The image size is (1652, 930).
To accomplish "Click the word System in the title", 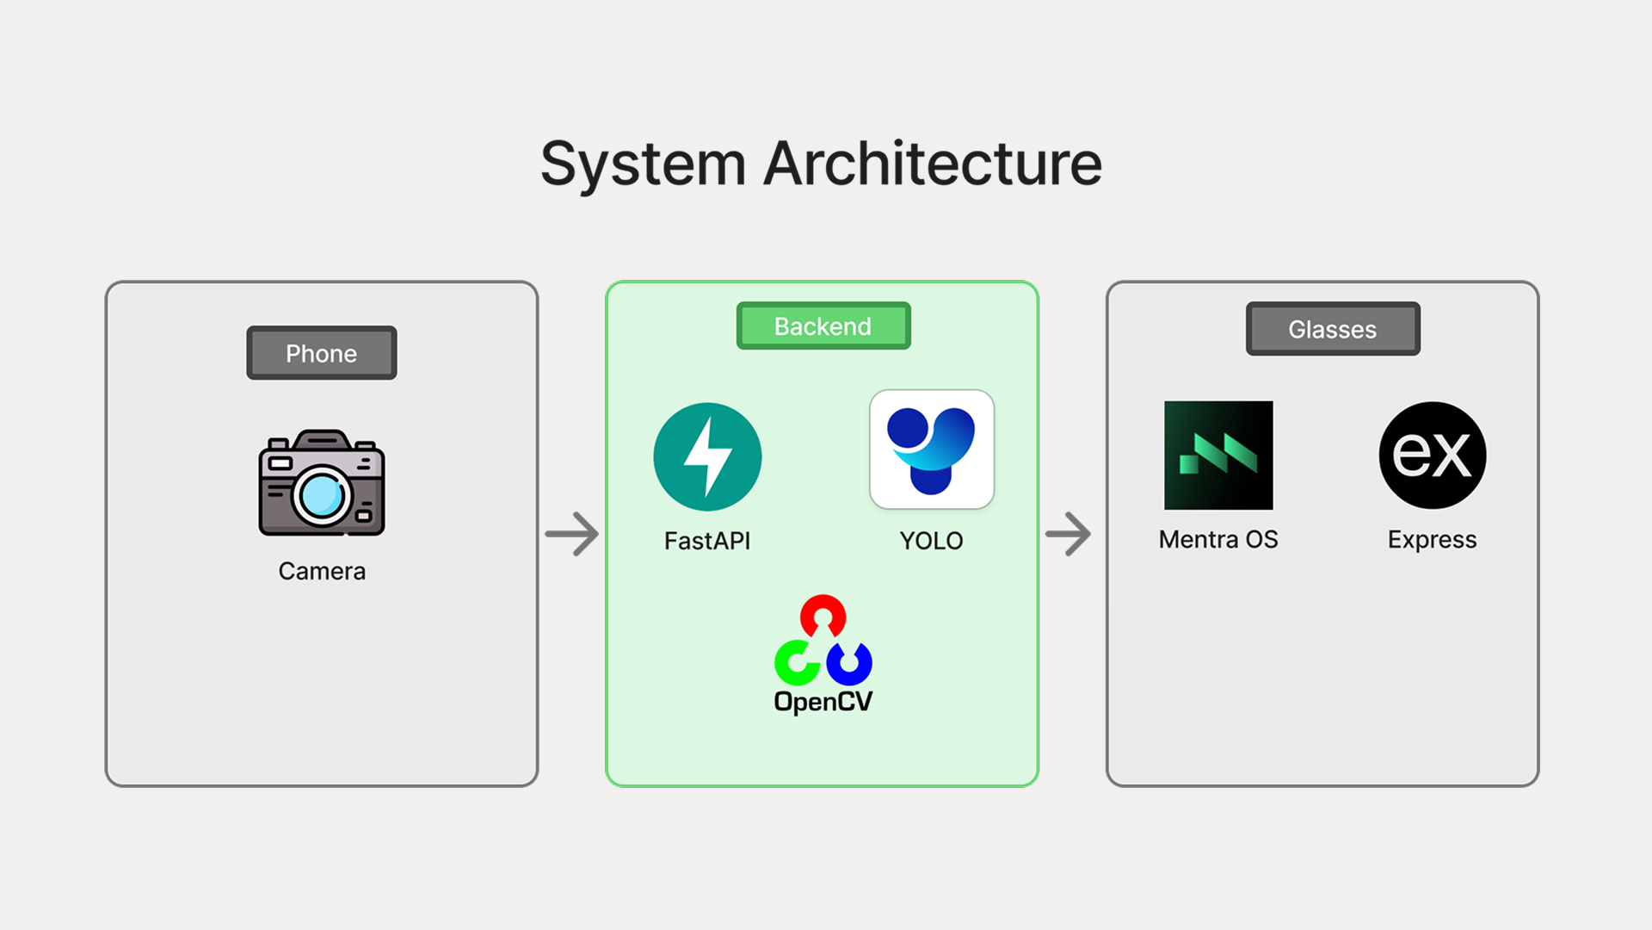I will pyautogui.click(x=642, y=164).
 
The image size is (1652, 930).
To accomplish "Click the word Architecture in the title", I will pyautogui.click(x=933, y=164).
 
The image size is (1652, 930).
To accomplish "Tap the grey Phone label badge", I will pyautogui.click(x=321, y=353).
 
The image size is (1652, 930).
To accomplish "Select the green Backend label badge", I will pyautogui.click(x=823, y=326).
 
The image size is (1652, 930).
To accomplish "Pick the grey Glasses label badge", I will pyautogui.click(x=1332, y=329).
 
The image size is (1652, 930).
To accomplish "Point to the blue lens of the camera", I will pyautogui.click(x=322, y=496).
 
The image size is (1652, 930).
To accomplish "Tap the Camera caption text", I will pyautogui.click(x=322, y=571).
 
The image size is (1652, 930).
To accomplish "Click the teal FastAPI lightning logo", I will pyautogui.click(x=707, y=456).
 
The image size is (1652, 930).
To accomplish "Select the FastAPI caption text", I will pyautogui.click(x=707, y=541).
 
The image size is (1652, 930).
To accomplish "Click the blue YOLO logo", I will pyautogui.click(x=931, y=449).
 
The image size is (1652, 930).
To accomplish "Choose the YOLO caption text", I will pyautogui.click(x=931, y=541).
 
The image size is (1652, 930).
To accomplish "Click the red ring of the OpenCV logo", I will pyautogui.click(x=823, y=613).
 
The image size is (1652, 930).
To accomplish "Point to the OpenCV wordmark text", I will pyautogui.click(x=823, y=702).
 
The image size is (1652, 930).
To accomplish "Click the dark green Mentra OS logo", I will pyautogui.click(x=1218, y=455).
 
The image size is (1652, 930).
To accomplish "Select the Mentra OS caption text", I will pyautogui.click(x=1218, y=540).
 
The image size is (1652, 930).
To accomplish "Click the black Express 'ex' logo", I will pyautogui.click(x=1433, y=455).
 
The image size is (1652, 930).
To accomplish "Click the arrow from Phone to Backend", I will pyautogui.click(x=572, y=534).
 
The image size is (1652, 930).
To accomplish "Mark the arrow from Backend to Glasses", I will pyautogui.click(x=1069, y=534).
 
